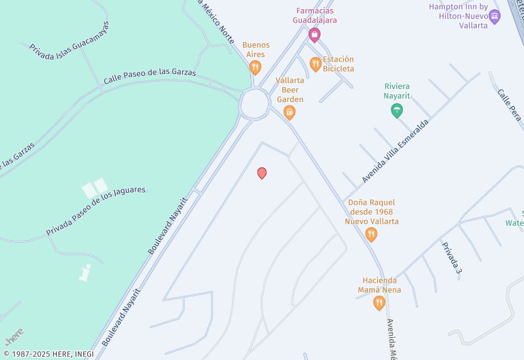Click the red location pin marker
pos(262,173)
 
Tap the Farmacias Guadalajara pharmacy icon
pos(314,35)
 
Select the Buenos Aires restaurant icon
pos(255,67)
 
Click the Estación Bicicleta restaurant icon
pos(316,63)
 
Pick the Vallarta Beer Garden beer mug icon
pos(290,113)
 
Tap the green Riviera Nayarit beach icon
pos(396,110)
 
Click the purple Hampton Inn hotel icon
pos(495,16)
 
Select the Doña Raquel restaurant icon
pos(371,234)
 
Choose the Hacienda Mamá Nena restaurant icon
pos(379,302)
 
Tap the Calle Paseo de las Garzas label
pos(149,76)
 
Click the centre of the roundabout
pos(254,103)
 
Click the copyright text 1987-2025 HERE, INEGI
pos(48,354)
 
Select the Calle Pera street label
pos(509,105)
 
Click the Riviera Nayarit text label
pos(397,91)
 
